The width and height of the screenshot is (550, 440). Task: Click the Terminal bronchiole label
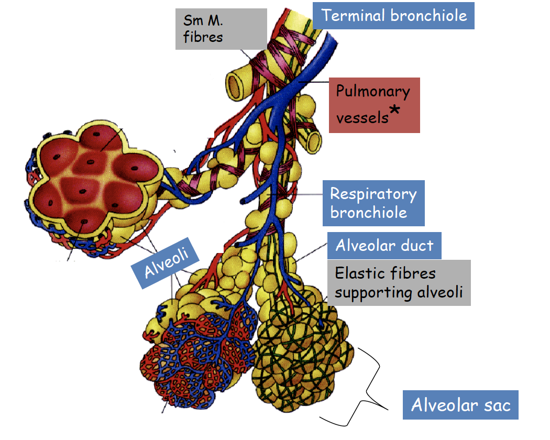(393, 15)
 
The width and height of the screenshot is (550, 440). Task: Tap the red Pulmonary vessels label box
(374, 105)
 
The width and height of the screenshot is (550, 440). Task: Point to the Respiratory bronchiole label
(372, 203)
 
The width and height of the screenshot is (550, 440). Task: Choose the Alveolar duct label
(384, 245)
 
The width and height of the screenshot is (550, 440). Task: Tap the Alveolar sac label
(460, 405)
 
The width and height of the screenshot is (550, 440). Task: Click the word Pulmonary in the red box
(372, 92)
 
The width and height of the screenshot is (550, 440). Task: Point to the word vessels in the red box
(362, 118)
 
